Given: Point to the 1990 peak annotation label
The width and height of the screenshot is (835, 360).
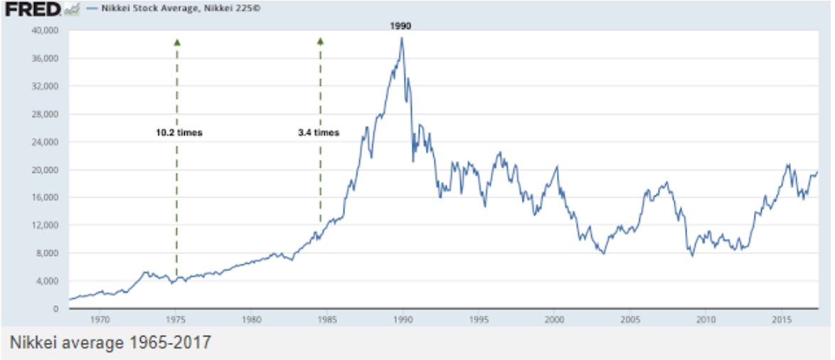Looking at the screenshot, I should (401, 26).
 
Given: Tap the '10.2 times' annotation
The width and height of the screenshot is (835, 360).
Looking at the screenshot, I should (179, 132).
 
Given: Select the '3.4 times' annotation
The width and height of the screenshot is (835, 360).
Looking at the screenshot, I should (319, 132).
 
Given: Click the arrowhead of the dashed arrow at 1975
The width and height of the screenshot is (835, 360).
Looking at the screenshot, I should (177, 42).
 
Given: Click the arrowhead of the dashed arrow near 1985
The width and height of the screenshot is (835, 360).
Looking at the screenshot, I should (320, 42).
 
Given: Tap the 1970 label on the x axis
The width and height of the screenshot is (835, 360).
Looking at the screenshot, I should (100, 321).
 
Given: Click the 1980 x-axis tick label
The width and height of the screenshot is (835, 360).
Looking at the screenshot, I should (252, 321).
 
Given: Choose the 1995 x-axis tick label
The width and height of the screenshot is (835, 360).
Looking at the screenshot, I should (479, 321).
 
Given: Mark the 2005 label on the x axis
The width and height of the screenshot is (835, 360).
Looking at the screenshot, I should (629, 321).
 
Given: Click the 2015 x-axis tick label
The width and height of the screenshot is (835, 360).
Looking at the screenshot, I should (781, 321).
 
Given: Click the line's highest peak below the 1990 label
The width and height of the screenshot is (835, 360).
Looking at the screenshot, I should (402, 38).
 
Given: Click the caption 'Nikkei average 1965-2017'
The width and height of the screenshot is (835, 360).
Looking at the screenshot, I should (110, 343).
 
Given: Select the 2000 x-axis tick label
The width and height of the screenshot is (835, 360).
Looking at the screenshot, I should (554, 321).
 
